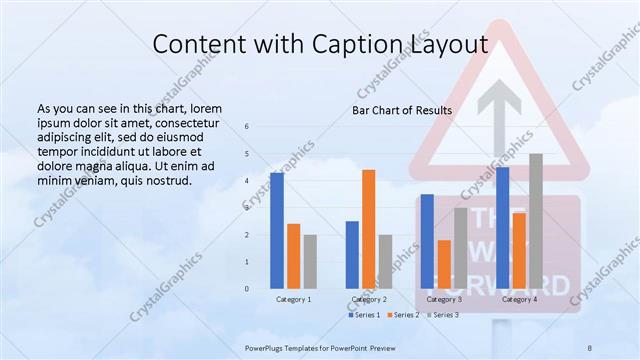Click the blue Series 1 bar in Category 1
pos(277,231)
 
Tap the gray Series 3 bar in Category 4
pos(536,221)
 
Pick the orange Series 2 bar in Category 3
pos(444,264)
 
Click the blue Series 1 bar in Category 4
pos(502,228)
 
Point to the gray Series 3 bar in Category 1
pos(310,262)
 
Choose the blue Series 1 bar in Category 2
pos(352,255)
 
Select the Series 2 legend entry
pos(402,315)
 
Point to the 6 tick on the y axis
pos(247,127)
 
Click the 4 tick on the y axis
pos(247,181)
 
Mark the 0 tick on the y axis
pos(247,289)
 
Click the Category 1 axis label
pos(293,299)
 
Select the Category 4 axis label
pos(519,299)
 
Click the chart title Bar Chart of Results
pos(402,109)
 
